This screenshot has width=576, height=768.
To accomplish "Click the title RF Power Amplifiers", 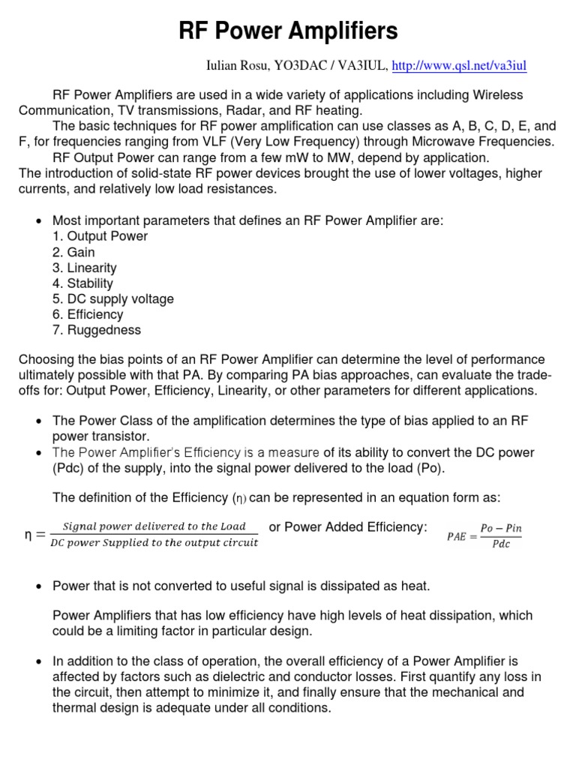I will click(x=288, y=31).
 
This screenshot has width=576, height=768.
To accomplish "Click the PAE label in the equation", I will click(x=457, y=536).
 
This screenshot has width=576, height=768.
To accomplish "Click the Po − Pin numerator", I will click(x=500, y=529).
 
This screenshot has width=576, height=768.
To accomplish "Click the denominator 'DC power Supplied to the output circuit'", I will click(x=154, y=543).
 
